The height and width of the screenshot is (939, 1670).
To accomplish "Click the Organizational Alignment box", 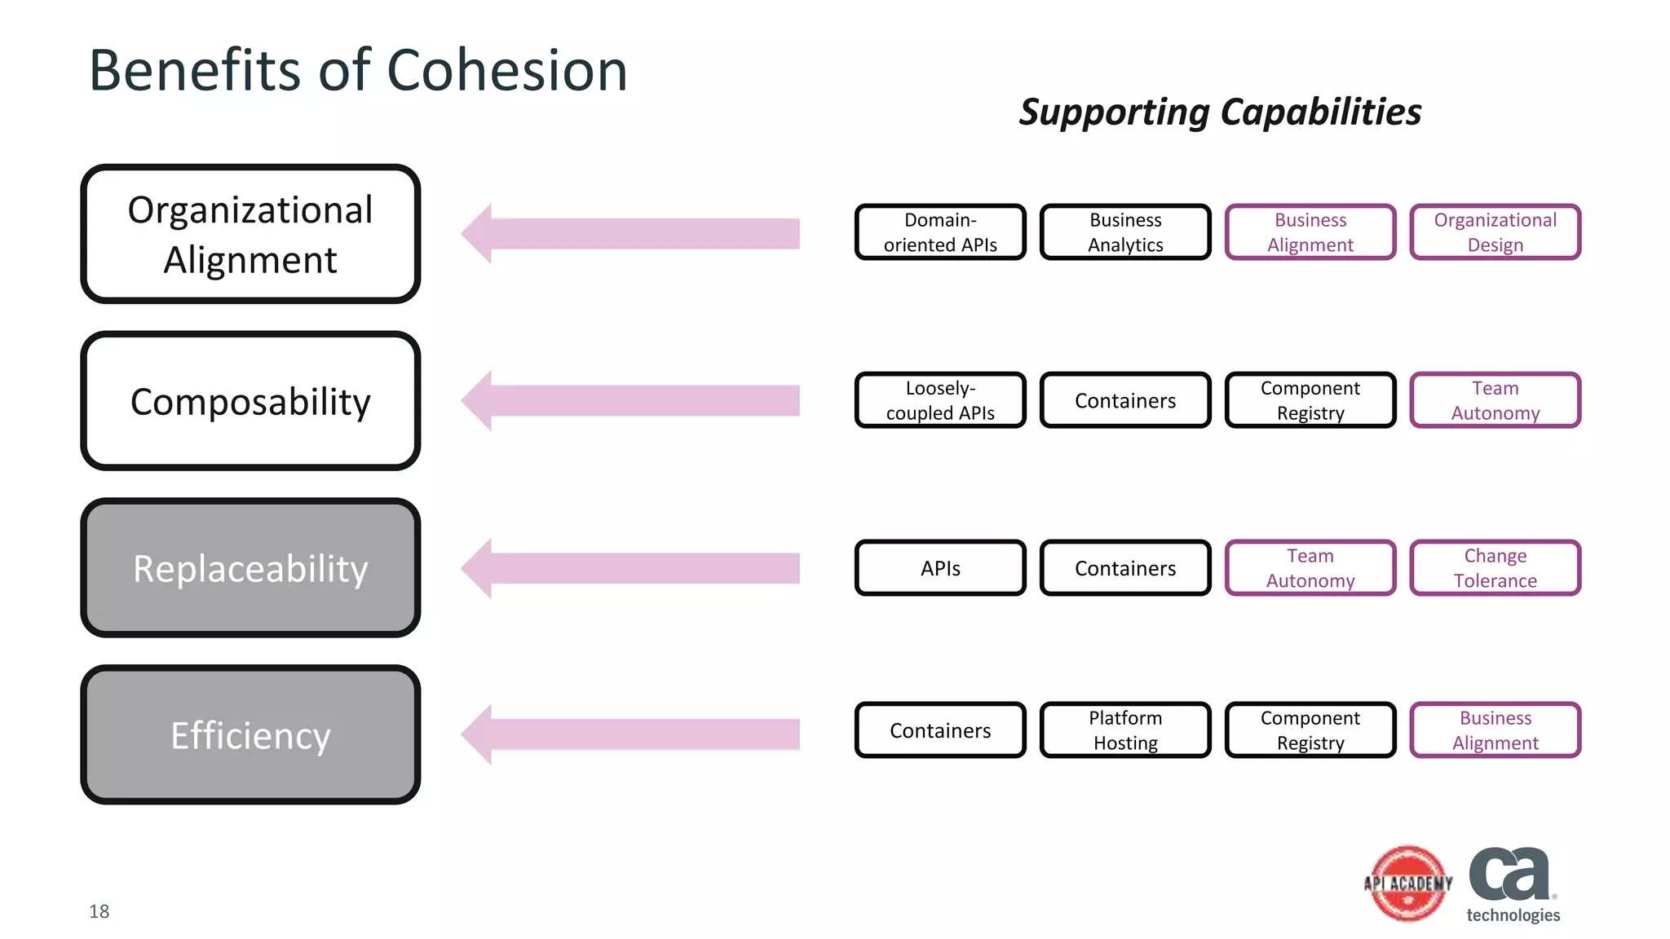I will pyautogui.click(x=250, y=234).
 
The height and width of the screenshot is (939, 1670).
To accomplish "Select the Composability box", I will pyautogui.click(x=250, y=401).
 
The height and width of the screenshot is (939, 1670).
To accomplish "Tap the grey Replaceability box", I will pyautogui.click(x=250, y=568).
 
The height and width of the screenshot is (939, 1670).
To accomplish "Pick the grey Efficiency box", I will pyautogui.click(x=250, y=734).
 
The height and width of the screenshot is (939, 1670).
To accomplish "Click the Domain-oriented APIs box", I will pyautogui.click(x=940, y=232).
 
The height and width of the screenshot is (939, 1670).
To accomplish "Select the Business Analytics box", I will pyautogui.click(x=1125, y=232).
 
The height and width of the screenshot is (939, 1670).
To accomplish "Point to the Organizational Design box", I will pyautogui.click(x=1495, y=232).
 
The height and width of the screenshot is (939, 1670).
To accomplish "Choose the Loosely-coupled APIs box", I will pyautogui.click(x=940, y=400).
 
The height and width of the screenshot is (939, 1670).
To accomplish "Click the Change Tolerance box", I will pyautogui.click(x=1495, y=567).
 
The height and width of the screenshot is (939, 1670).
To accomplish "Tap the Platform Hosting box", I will pyautogui.click(x=1125, y=730).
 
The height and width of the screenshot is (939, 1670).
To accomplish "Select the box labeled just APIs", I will pyautogui.click(x=940, y=567).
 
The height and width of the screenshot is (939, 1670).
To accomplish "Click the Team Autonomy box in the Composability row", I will pyautogui.click(x=1495, y=400).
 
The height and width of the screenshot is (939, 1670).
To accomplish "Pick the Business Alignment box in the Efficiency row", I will pyautogui.click(x=1495, y=730).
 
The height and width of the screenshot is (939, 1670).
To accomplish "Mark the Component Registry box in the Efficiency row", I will pyautogui.click(x=1310, y=730).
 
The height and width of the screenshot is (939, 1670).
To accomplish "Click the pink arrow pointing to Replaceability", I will pyautogui.click(x=630, y=568).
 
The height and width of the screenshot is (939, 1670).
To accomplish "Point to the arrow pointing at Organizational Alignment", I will pyautogui.click(x=630, y=234).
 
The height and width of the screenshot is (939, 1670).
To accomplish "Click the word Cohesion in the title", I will pyautogui.click(x=506, y=70).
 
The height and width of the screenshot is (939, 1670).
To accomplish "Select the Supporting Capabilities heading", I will pyautogui.click(x=1220, y=112).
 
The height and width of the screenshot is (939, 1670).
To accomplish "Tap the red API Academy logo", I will pyautogui.click(x=1408, y=884).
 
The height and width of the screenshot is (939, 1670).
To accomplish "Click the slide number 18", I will pyautogui.click(x=99, y=911).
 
